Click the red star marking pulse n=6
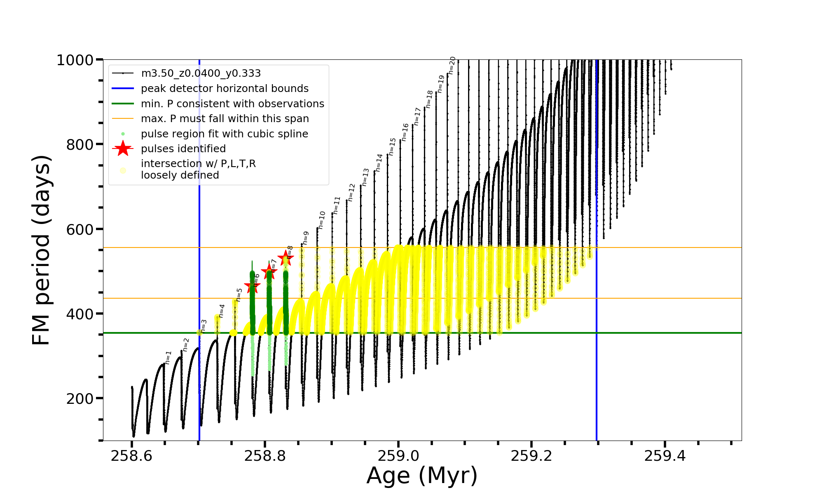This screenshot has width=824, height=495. pos(252,286)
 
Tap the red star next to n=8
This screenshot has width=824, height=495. pos(286,259)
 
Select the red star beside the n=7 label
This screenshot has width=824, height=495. pos(269,271)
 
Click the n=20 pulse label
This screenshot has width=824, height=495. pos(452,65)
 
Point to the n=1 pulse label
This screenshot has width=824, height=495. pos(168,358)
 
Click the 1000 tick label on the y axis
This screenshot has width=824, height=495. pos(75,60)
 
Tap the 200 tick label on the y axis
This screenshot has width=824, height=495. pos(80,399)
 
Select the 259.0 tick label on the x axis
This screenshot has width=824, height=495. pos(398,456)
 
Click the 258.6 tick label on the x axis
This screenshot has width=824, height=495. pos(131,456)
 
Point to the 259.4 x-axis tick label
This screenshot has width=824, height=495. pos(665,456)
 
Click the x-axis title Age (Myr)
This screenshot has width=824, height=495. pos(422,476)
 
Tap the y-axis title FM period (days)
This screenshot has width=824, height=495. pos(42,250)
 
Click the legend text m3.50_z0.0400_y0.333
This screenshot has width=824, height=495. pos(201,73)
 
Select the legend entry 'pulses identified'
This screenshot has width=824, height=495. pos(183,149)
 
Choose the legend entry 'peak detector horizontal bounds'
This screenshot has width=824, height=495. pos(225,89)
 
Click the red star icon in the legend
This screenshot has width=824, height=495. pos(123,148)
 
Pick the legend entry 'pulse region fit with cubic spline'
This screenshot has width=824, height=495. pos(225,134)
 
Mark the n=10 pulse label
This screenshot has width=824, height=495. pos(322,220)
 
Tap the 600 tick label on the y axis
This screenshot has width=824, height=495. pos(80,230)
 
